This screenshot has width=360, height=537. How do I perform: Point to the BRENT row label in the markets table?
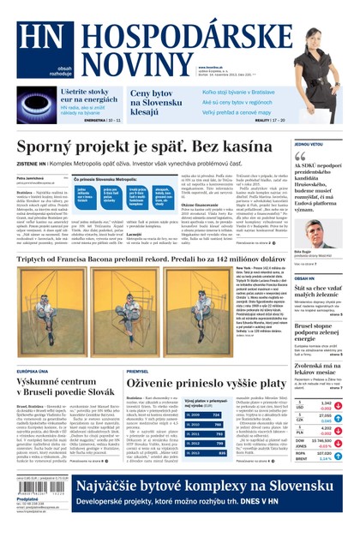[x=302, y=458]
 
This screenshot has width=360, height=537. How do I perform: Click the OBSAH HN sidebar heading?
[x=306, y=279]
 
